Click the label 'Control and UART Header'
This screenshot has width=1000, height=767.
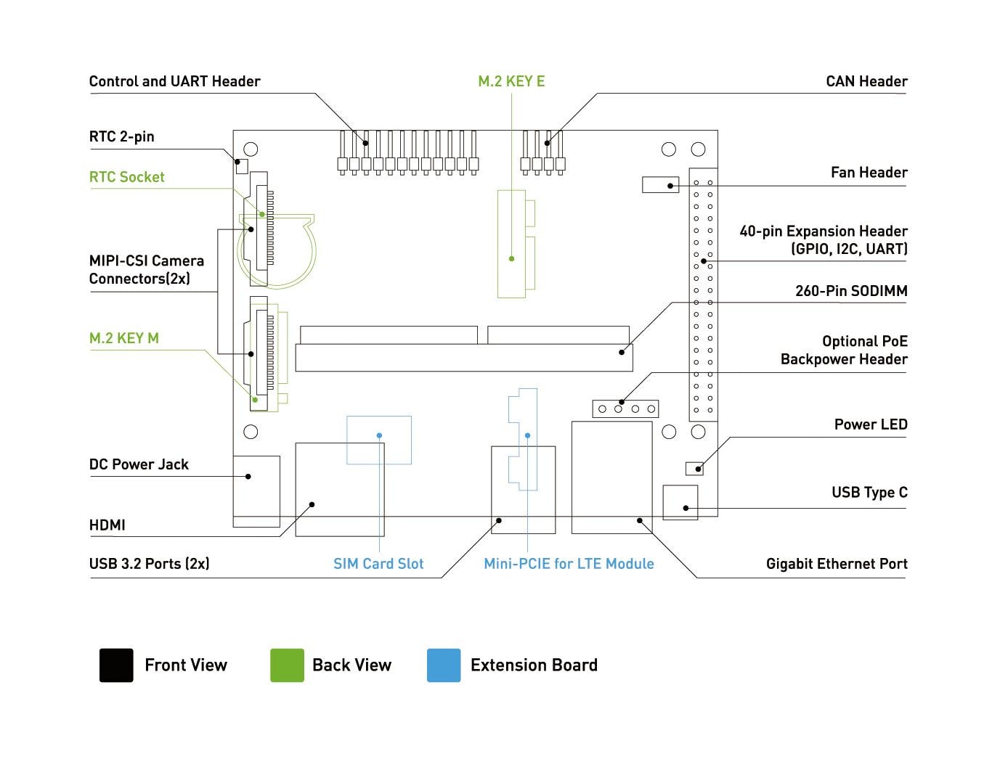[174, 81]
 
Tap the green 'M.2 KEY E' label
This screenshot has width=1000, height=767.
[511, 81]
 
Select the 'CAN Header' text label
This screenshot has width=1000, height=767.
[866, 81]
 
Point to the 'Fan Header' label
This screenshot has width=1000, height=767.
[869, 173]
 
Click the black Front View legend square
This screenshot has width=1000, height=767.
[116, 665]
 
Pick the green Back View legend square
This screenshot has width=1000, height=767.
[287, 665]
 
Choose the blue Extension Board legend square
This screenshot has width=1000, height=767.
[444, 665]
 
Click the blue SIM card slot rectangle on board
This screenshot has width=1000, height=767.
[379, 440]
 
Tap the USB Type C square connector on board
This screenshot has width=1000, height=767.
[680, 502]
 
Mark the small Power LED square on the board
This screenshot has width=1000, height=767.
[694, 468]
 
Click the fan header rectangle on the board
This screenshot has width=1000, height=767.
[660, 185]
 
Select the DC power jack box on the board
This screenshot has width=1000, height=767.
[256, 491]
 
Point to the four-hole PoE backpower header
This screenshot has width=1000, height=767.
[626, 409]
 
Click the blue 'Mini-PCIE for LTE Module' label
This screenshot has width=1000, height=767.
[569, 564]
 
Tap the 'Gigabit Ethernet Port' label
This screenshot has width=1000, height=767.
[837, 564]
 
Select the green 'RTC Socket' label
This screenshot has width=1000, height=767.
[126, 177]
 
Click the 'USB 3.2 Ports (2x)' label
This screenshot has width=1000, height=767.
[149, 564]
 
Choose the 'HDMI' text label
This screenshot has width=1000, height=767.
[107, 525]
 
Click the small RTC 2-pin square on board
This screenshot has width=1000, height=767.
[242, 166]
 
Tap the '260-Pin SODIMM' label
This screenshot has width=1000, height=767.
[851, 291]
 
